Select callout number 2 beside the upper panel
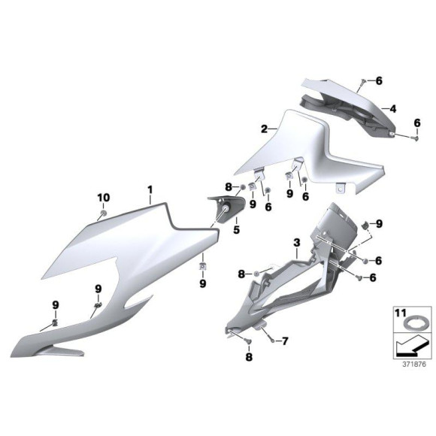265,129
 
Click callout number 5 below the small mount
235,230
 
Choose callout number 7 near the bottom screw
284,341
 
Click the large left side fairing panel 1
128,256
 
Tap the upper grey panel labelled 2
301,147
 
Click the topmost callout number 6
379,80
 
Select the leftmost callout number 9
55,304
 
